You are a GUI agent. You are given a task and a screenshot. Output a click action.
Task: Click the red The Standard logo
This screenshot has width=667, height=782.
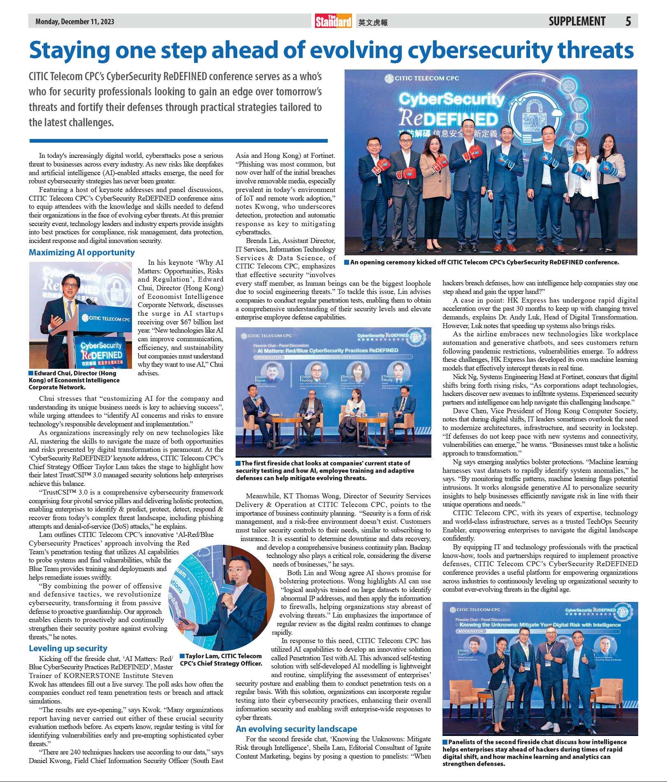click(x=333, y=21)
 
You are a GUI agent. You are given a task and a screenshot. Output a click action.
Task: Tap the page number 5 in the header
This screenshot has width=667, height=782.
click(x=628, y=21)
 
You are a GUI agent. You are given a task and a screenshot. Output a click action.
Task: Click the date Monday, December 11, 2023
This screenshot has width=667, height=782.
click(x=74, y=21)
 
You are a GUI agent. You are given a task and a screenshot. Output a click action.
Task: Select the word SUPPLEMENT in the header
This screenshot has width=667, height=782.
click(x=577, y=21)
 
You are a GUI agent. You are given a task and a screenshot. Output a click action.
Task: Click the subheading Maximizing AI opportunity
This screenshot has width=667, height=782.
click(x=81, y=252)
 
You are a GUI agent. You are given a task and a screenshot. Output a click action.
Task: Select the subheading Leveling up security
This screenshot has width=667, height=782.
click(x=68, y=648)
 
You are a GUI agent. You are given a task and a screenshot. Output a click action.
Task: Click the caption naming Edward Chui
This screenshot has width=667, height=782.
click(x=74, y=380)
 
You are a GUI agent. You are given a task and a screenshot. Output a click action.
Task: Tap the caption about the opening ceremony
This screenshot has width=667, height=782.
click(x=484, y=262)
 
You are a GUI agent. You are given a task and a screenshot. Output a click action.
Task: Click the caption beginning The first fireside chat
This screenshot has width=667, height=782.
click(x=325, y=470)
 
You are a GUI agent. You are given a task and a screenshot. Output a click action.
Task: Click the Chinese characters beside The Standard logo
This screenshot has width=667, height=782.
click(x=373, y=23)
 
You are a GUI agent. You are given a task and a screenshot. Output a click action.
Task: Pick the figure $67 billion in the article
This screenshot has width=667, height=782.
click(x=195, y=322)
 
